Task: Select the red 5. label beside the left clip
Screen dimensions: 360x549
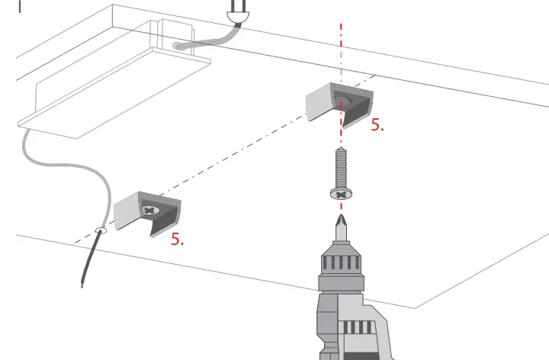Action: tap(178, 239)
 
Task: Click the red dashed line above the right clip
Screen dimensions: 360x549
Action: tap(342, 46)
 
